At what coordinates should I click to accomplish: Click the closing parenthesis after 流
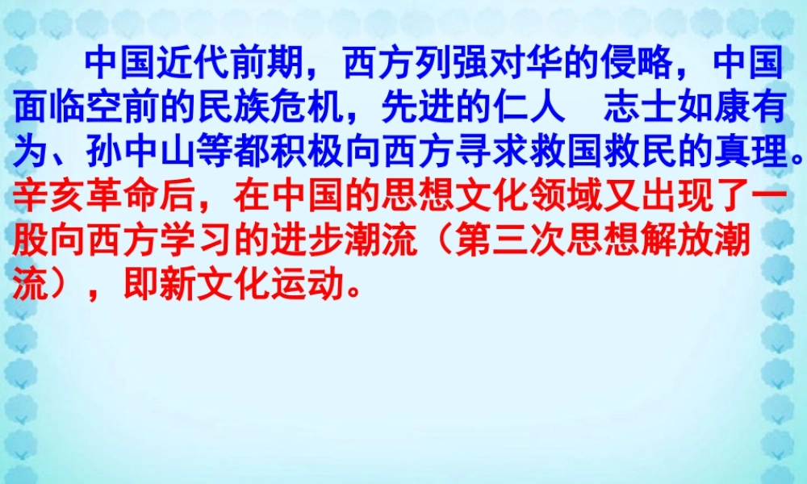(52, 286)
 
